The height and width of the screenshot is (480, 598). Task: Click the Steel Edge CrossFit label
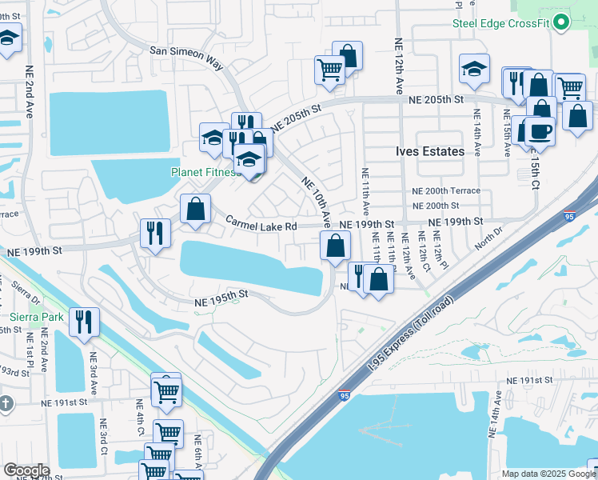500,23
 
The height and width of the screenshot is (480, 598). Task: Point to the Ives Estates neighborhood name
430,151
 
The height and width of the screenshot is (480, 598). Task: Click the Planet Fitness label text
204,172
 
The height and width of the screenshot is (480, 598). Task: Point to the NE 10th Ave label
316,199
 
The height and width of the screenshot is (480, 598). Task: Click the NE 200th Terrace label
445,191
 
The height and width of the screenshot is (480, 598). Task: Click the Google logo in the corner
26,470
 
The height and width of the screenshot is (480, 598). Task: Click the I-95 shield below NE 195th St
344,395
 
